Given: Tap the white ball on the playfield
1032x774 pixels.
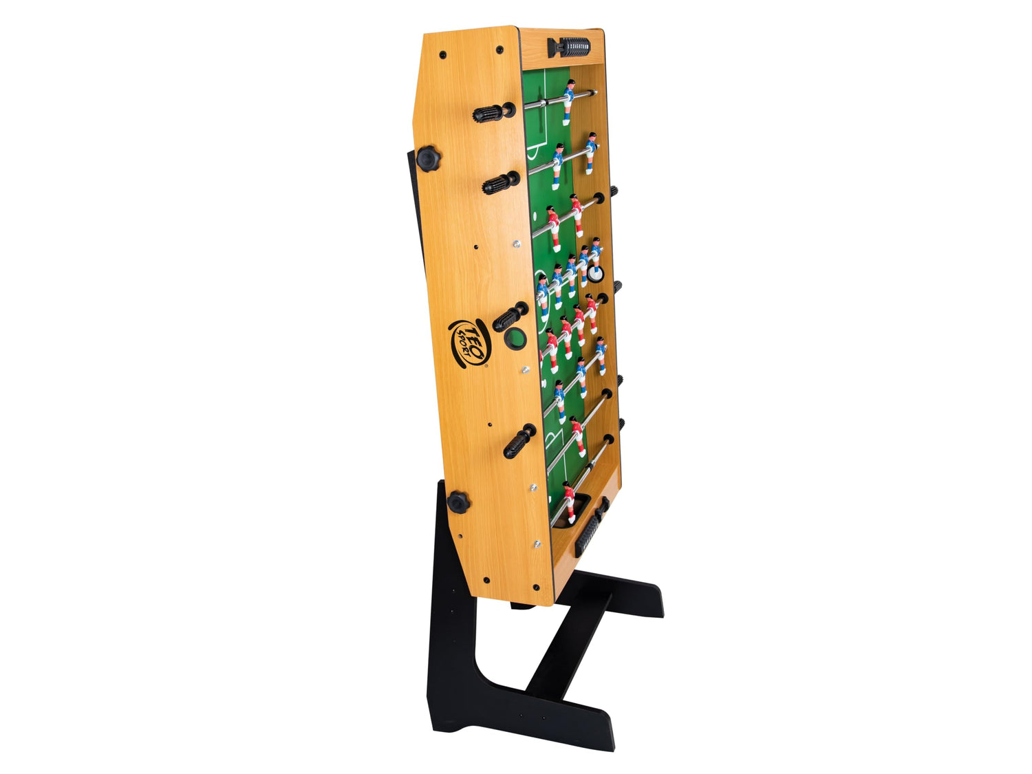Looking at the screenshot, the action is (x=595, y=274).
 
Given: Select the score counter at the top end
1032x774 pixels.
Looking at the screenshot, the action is (x=568, y=47).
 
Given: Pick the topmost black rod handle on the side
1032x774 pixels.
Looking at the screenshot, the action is (x=494, y=113).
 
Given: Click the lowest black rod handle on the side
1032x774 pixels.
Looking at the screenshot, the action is (x=519, y=441).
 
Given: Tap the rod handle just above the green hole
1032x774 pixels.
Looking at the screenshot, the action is (x=510, y=316).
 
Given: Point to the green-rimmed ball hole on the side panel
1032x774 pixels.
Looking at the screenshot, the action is (x=515, y=338).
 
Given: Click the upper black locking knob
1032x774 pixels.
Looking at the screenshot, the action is (x=428, y=159).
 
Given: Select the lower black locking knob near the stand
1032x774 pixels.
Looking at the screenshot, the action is (x=458, y=503).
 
